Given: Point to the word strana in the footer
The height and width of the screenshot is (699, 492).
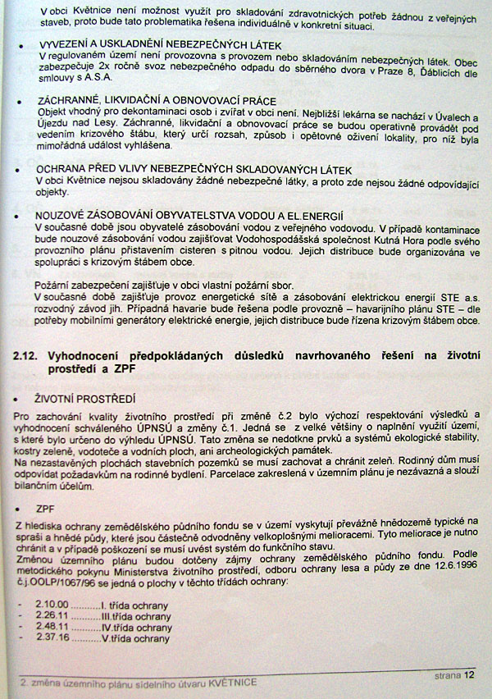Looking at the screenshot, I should pos(446,676).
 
